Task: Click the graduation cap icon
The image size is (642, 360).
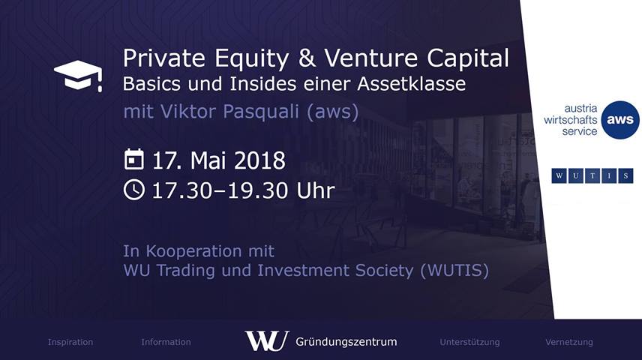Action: (78, 76)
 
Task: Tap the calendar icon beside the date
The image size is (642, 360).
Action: (134, 159)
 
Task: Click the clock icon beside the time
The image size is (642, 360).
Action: (134, 190)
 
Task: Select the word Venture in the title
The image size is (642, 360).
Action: (370, 58)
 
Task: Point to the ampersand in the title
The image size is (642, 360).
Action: (307, 58)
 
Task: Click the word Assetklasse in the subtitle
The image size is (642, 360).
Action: (411, 84)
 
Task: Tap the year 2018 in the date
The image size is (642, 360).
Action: (259, 160)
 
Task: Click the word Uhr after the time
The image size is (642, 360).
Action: (315, 190)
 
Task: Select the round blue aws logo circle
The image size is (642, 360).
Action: (620, 120)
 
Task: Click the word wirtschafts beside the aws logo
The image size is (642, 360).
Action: (570, 120)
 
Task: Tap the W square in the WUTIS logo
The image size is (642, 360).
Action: (559, 176)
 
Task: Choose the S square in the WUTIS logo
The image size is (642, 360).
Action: (625, 176)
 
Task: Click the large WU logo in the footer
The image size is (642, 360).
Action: (267, 340)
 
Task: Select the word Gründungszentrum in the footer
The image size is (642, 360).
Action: (346, 342)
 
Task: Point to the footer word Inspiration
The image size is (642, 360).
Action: (70, 343)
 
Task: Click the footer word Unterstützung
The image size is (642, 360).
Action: (469, 343)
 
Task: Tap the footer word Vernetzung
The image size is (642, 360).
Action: (569, 343)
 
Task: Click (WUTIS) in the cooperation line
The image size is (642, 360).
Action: (454, 271)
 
